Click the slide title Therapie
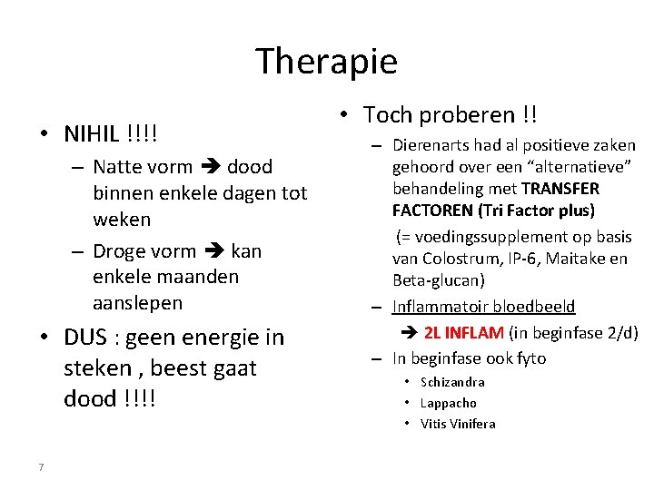coord(326,62)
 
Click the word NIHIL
coord(91,134)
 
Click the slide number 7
coord(41,467)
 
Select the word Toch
coord(388,115)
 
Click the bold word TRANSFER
coord(560,189)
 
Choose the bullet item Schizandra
coord(452,382)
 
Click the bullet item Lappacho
coord(448,403)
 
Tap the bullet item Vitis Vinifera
coord(458,424)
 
